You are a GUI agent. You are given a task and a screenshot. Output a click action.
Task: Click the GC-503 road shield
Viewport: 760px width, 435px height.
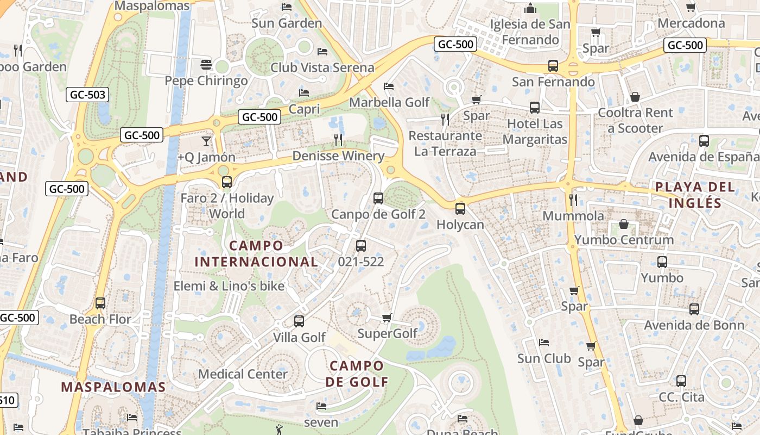[88, 95]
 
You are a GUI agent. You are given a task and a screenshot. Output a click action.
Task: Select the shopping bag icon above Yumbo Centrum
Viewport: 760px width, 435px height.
[624, 224]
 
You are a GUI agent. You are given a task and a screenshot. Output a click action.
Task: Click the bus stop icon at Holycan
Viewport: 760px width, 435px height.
[460, 208]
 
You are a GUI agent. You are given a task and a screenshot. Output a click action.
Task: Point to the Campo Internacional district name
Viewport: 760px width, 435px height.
[256, 253]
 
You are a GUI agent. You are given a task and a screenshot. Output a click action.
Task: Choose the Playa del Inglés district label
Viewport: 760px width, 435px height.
[695, 195]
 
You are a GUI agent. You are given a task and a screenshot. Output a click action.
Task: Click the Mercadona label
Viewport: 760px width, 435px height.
[691, 23]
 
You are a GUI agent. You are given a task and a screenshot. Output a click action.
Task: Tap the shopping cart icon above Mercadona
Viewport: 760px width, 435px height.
[691, 8]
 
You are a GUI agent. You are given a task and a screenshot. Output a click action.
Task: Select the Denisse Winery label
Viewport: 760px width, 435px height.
[338, 156]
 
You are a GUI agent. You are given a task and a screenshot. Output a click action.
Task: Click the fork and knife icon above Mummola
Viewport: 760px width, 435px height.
[573, 200]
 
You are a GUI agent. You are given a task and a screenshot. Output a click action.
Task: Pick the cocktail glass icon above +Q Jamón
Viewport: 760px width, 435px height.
[206, 141]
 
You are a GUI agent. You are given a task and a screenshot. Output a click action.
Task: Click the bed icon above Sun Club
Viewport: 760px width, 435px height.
[544, 343]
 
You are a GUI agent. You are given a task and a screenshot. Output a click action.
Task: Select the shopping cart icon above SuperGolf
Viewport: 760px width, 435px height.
[387, 318]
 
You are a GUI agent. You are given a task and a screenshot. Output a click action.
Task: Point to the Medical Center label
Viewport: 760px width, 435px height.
[243, 374]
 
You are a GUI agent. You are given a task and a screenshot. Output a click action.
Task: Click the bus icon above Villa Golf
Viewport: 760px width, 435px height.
[299, 321]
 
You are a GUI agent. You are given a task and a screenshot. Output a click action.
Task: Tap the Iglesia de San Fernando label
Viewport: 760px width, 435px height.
[530, 32]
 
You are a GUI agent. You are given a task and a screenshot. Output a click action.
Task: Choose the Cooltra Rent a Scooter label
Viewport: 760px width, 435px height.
[635, 121]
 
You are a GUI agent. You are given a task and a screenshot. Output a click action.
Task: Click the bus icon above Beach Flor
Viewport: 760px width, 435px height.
[100, 303]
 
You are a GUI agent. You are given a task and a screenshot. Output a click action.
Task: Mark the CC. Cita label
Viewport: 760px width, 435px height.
[681, 397]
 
